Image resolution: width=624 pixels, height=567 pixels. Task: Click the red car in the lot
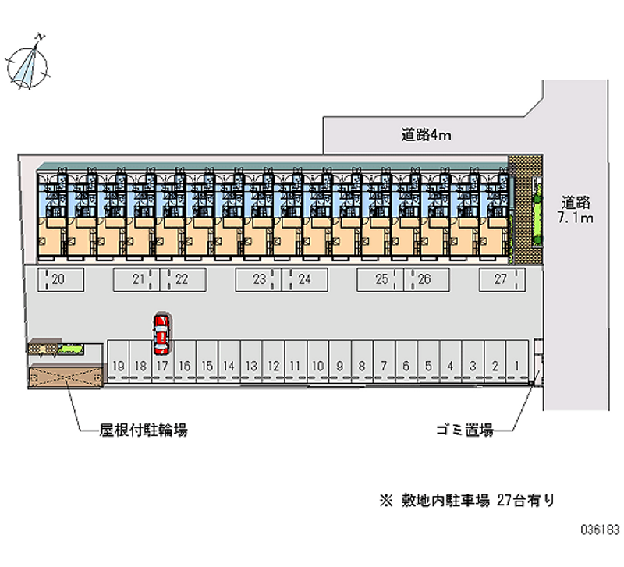coord(161,335)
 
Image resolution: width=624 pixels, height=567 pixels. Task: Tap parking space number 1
coord(517,361)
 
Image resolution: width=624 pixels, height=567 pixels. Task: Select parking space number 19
coord(119,361)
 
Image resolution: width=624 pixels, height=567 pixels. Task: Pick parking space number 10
coord(317,361)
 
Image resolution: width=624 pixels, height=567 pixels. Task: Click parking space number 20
coord(61,280)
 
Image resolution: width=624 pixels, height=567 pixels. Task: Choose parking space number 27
coord(502,280)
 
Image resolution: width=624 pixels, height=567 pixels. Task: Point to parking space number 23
coord(258,280)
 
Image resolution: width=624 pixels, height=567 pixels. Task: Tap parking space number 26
coord(427,280)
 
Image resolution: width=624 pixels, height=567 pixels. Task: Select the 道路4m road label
coord(426,135)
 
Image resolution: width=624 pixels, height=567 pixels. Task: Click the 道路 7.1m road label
coord(576,210)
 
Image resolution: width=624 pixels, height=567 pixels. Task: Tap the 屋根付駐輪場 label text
coord(144,430)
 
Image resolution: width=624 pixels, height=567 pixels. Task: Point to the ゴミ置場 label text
coord(465,430)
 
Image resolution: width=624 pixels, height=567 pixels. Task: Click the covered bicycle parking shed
coord(66,376)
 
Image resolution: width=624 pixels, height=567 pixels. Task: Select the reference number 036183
coord(600,530)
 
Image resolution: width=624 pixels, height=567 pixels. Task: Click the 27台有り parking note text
coord(525,500)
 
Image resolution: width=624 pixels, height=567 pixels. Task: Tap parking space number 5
coord(428,361)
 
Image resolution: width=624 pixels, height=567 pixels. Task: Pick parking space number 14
coord(229,361)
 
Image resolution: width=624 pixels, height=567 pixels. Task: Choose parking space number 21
coord(136,280)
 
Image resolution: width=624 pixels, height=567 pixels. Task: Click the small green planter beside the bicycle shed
coord(70,349)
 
